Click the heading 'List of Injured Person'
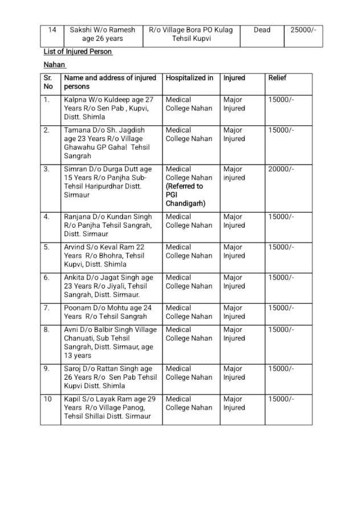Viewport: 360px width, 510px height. (x=78, y=52)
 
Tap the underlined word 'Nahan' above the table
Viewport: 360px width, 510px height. (x=55, y=65)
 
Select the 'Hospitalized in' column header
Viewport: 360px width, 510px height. (x=190, y=78)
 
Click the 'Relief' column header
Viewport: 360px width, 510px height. (x=277, y=78)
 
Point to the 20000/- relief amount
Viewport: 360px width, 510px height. (x=281, y=169)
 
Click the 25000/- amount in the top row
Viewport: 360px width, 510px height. (x=303, y=30)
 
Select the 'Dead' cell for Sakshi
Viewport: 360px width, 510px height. (x=262, y=30)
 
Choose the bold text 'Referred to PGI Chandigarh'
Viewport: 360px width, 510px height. (x=185, y=195)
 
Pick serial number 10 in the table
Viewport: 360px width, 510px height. (x=48, y=399)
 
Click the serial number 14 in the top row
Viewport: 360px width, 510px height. (x=52, y=30)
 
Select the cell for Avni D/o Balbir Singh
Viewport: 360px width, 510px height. (x=109, y=343)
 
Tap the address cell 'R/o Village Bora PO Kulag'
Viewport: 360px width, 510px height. (x=190, y=34)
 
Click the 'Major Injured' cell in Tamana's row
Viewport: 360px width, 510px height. (x=234, y=134)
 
